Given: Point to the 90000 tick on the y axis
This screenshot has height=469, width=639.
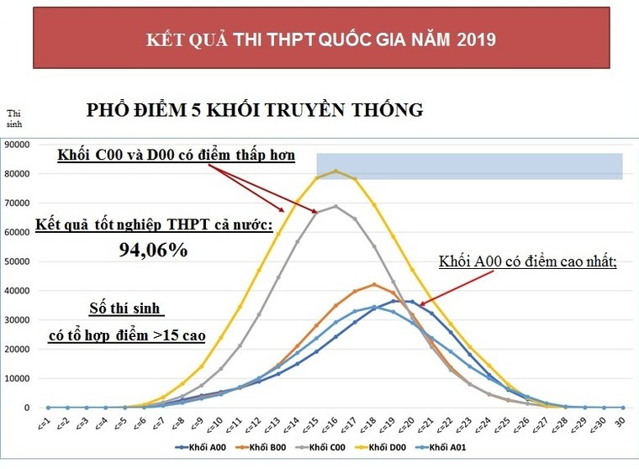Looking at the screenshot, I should click(x=18, y=145).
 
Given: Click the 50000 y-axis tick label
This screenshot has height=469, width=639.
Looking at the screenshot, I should click(x=18, y=261).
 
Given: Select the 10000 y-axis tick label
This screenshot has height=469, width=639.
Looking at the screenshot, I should click(x=18, y=378).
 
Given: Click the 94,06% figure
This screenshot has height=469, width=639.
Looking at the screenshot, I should click(x=152, y=250).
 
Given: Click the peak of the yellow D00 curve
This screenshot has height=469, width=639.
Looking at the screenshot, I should click(x=335, y=171).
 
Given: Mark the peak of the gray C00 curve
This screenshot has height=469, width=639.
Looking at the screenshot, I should click(x=335, y=206).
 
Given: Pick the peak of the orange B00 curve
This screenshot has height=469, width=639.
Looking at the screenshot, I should click(x=374, y=284).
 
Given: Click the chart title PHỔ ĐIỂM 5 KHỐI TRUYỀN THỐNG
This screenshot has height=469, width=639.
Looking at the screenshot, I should click(x=255, y=110).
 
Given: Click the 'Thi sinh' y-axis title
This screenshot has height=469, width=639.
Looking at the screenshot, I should click(x=15, y=119).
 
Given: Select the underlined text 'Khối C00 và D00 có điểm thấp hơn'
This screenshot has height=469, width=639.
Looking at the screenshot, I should click(x=176, y=155).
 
